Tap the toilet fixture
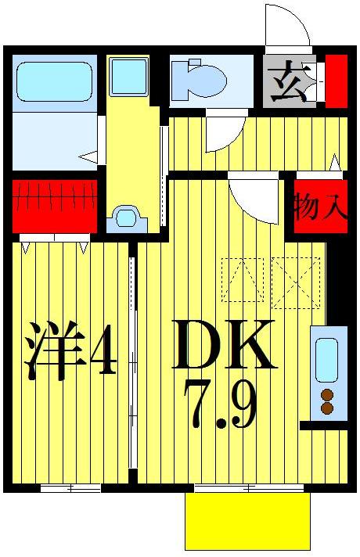(x=200, y=79)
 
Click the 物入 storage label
(x=320, y=208)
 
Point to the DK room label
(x=224, y=345)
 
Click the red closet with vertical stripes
(x=55, y=205)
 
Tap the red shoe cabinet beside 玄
(x=337, y=81)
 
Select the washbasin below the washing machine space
(x=126, y=217)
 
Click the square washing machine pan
(x=128, y=76)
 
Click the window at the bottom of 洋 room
(x=70, y=488)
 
